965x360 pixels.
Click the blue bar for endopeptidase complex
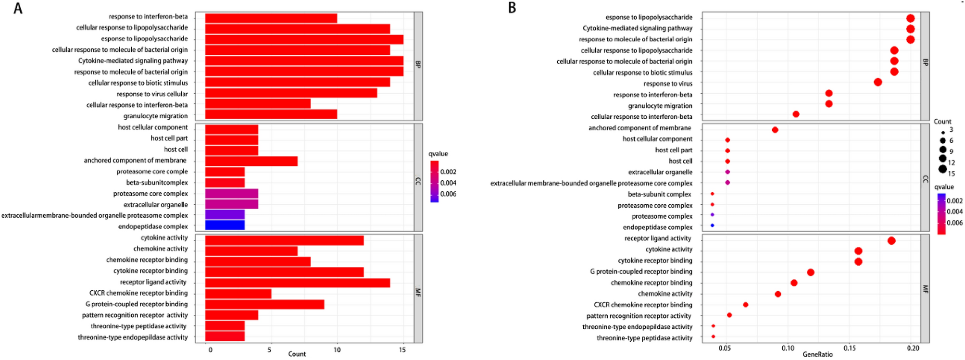tap(225, 225)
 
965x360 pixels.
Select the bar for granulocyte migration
tap(271, 114)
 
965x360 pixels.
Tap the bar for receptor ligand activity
tap(297, 282)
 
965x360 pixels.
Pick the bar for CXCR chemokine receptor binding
tap(238, 293)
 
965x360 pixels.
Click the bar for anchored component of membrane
tap(251, 161)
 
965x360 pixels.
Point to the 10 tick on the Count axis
tap(337, 350)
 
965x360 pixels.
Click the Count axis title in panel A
tap(297, 354)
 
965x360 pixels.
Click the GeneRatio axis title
tap(817, 355)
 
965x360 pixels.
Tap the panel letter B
tap(512, 8)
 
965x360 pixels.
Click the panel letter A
tap(18, 8)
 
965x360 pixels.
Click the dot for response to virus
tap(877, 82)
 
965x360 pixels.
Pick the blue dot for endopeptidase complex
tap(712, 225)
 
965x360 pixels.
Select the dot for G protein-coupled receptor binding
tap(811, 273)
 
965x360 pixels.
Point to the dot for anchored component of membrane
tap(775, 130)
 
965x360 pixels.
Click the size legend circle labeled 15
tap(942, 169)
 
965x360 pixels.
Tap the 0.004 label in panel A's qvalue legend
tap(448, 183)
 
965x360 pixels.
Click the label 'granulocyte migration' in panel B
tap(660, 106)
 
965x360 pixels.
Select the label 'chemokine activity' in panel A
tap(160, 249)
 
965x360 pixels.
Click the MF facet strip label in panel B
tap(925, 289)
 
